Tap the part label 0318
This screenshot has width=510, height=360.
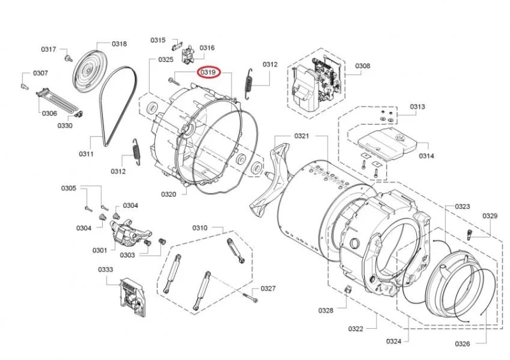[x=119, y=44]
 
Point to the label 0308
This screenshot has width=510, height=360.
[x=362, y=66]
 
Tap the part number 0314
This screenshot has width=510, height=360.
[x=426, y=156]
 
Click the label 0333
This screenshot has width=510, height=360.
[x=105, y=270]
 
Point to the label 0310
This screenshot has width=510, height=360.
[x=200, y=227]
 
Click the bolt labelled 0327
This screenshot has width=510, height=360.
[x=249, y=297]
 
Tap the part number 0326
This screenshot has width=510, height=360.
[x=462, y=344]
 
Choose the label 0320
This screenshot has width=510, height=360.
[x=168, y=194]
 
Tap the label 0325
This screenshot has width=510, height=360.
[x=166, y=59]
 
